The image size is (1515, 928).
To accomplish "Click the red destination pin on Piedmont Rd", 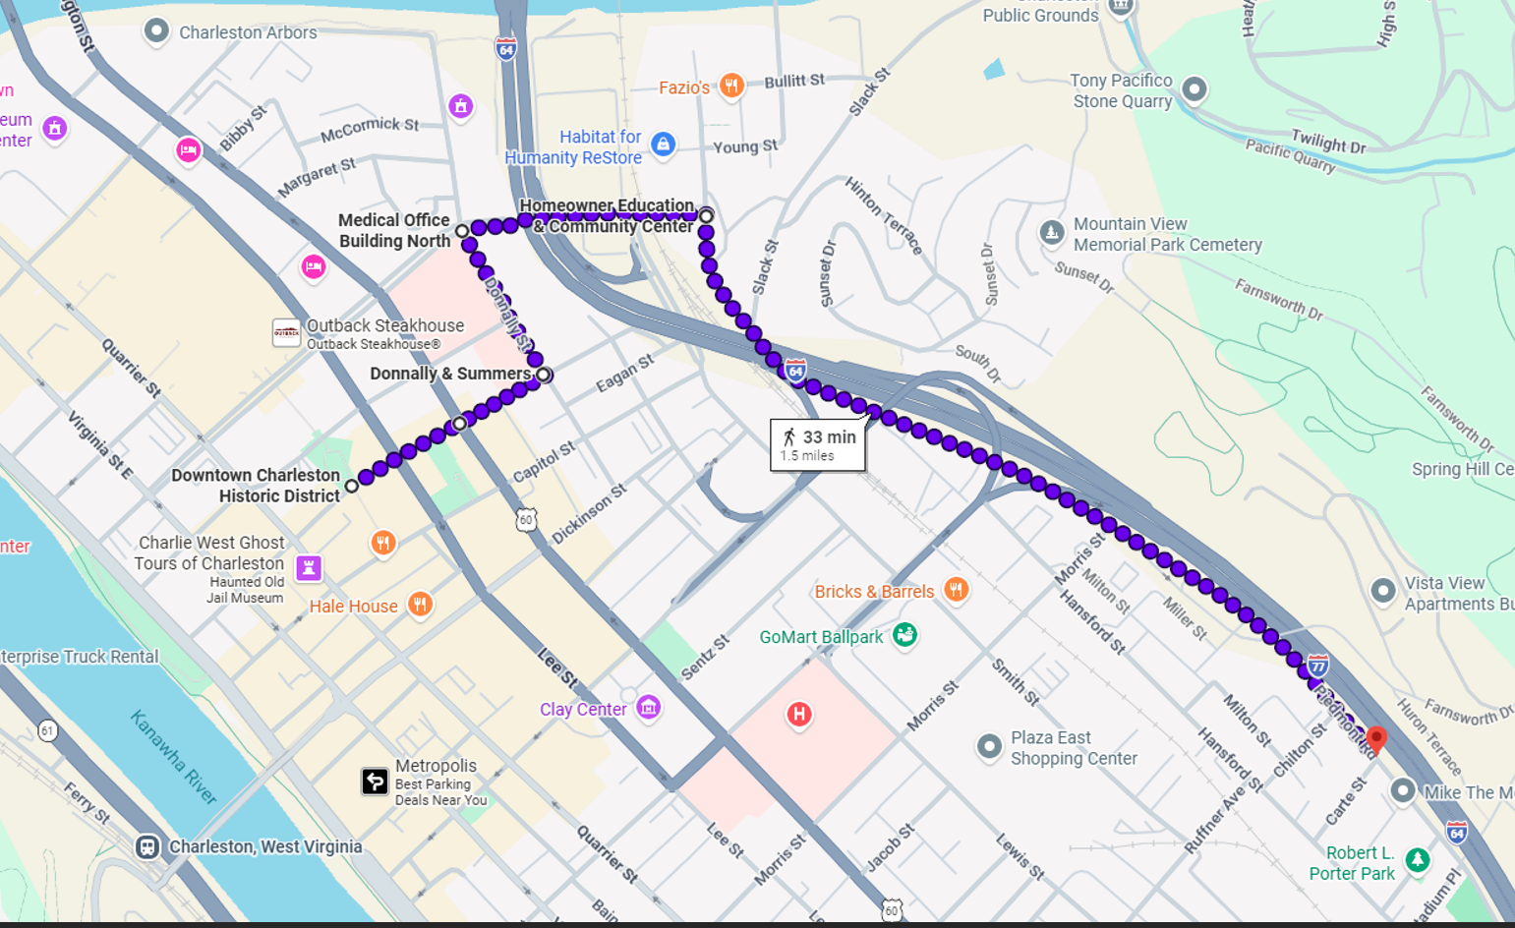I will click(1376, 738).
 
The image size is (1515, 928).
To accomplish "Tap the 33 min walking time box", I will click(818, 445).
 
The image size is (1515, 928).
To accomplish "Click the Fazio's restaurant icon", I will click(730, 87).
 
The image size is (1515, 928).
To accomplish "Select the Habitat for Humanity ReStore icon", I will click(664, 145).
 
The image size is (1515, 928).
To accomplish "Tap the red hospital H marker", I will click(799, 715).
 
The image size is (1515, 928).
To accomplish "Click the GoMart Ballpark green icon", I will click(904, 635).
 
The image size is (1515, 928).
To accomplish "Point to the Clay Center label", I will click(583, 709).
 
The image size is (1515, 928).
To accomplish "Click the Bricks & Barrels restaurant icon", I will click(956, 589).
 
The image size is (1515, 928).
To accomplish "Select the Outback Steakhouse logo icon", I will click(286, 333).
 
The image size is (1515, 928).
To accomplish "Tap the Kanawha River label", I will click(173, 757).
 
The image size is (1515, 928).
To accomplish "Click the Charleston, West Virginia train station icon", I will click(147, 846).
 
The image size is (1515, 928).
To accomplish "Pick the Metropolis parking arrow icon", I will click(375, 782).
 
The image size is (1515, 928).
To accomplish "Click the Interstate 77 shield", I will click(1318, 666).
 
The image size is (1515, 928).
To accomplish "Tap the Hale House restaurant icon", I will click(420, 604).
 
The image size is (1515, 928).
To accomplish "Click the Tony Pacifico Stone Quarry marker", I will click(1194, 89).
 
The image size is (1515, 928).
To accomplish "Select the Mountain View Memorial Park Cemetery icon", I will click(1052, 233).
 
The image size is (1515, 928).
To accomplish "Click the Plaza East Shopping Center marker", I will click(989, 746).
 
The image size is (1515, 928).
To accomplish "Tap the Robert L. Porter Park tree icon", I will click(1417, 860).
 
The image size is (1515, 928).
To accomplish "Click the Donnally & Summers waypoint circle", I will click(543, 375).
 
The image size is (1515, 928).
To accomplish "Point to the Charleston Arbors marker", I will click(156, 31).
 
